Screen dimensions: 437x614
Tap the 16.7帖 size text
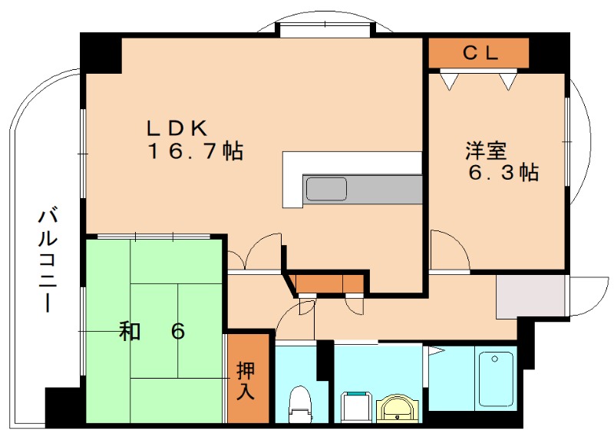click(x=195, y=151)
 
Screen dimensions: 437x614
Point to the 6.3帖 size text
click(x=503, y=172)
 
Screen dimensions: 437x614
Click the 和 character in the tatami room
click(x=129, y=332)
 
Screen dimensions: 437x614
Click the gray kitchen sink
click(x=325, y=188)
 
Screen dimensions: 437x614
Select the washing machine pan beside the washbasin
click(x=355, y=406)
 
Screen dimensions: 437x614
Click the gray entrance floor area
click(x=530, y=296)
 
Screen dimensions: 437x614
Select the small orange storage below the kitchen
click(x=329, y=283)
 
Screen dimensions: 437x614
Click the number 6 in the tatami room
click(x=177, y=332)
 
